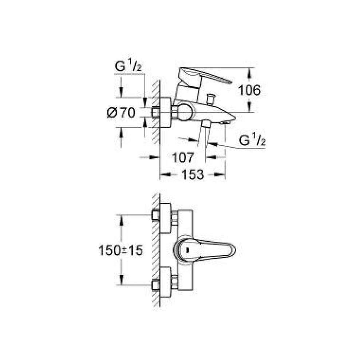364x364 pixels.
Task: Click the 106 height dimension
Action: coord(249,90)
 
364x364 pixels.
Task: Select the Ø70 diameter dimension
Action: coord(121,112)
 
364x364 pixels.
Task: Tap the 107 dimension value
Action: coord(182,157)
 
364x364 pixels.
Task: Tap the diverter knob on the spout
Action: coord(210,98)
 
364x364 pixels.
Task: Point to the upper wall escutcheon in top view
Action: coord(166,218)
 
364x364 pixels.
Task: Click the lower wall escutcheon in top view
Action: coord(166,282)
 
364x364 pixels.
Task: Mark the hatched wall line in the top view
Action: coord(156,251)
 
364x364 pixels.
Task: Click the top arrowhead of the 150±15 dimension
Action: coord(120,218)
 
